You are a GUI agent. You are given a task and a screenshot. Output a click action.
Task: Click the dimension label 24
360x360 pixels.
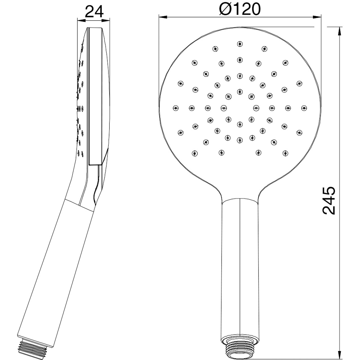tap(94, 12)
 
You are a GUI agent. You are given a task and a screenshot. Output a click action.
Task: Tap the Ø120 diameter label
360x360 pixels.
tap(240, 9)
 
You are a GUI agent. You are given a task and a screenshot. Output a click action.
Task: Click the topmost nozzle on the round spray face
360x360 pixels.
tap(240, 44)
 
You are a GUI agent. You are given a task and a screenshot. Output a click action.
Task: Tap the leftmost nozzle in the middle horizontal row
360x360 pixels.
tap(175, 108)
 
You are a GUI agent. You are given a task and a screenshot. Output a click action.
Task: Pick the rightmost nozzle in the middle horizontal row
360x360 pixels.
tap(304, 108)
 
